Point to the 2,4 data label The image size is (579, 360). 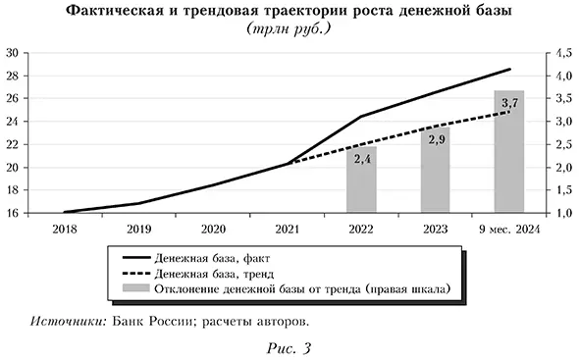tap(361, 159)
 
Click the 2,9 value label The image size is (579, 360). tap(436, 139)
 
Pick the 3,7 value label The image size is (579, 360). tap(509, 102)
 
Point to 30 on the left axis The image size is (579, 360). tap(14, 53)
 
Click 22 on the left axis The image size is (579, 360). tap(14, 144)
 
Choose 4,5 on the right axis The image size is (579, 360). tap(565, 53)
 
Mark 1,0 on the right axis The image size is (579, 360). tap(565, 213)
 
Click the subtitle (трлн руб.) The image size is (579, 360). tap(290, 29)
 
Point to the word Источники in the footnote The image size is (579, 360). tap(69, 321)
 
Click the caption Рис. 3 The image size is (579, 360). tap(290, 346)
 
